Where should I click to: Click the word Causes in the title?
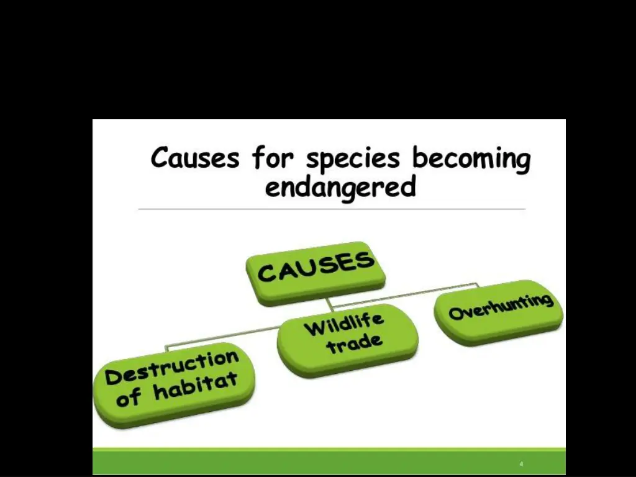194,158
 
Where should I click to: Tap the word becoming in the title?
471,160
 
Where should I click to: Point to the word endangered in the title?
340,186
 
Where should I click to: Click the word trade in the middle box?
355,343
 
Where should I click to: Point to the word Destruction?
172,367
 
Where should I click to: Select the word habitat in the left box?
195,387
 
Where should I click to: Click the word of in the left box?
129,397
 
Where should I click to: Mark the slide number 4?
521,464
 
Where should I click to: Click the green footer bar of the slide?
311,463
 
